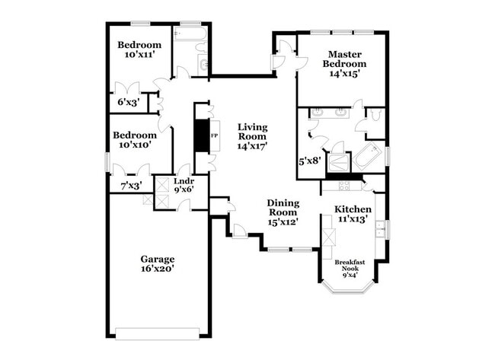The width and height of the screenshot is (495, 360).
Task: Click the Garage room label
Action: [157, 259]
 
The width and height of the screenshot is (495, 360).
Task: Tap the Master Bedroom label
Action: [347, 59]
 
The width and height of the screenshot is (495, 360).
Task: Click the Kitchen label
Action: [353, 209]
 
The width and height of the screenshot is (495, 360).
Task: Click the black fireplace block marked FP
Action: [202, 138]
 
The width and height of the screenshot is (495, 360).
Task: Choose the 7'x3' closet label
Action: [132, 185]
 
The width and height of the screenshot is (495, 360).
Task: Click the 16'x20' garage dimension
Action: [157, 269]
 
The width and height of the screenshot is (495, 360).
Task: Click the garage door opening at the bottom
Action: [158, 332]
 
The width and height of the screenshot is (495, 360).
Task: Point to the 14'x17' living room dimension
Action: [252, 145]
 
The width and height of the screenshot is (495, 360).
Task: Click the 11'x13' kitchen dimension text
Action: [353, 219]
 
